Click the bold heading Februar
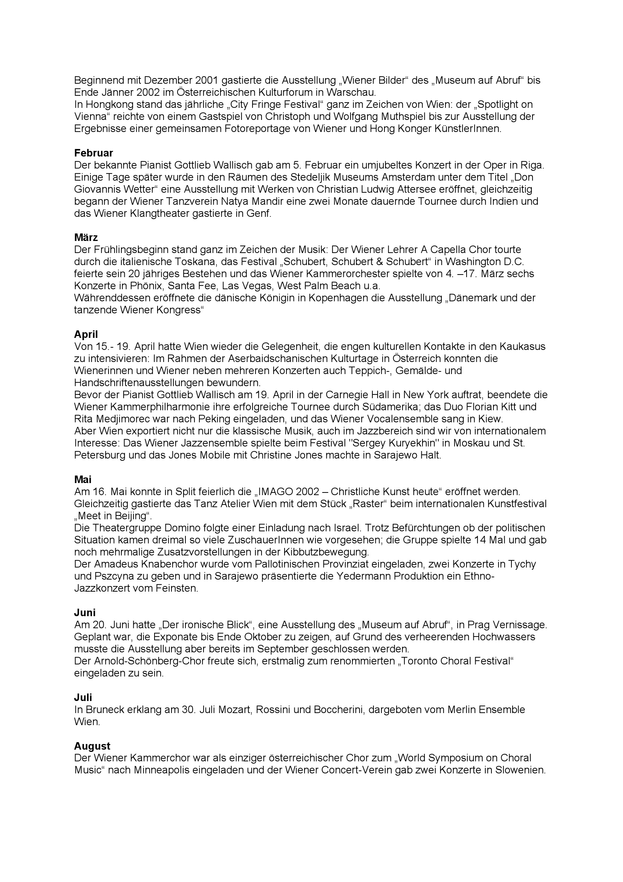(93, 153)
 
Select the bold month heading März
(86, 238)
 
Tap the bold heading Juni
(85, 613)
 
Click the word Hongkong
(109, 105)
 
